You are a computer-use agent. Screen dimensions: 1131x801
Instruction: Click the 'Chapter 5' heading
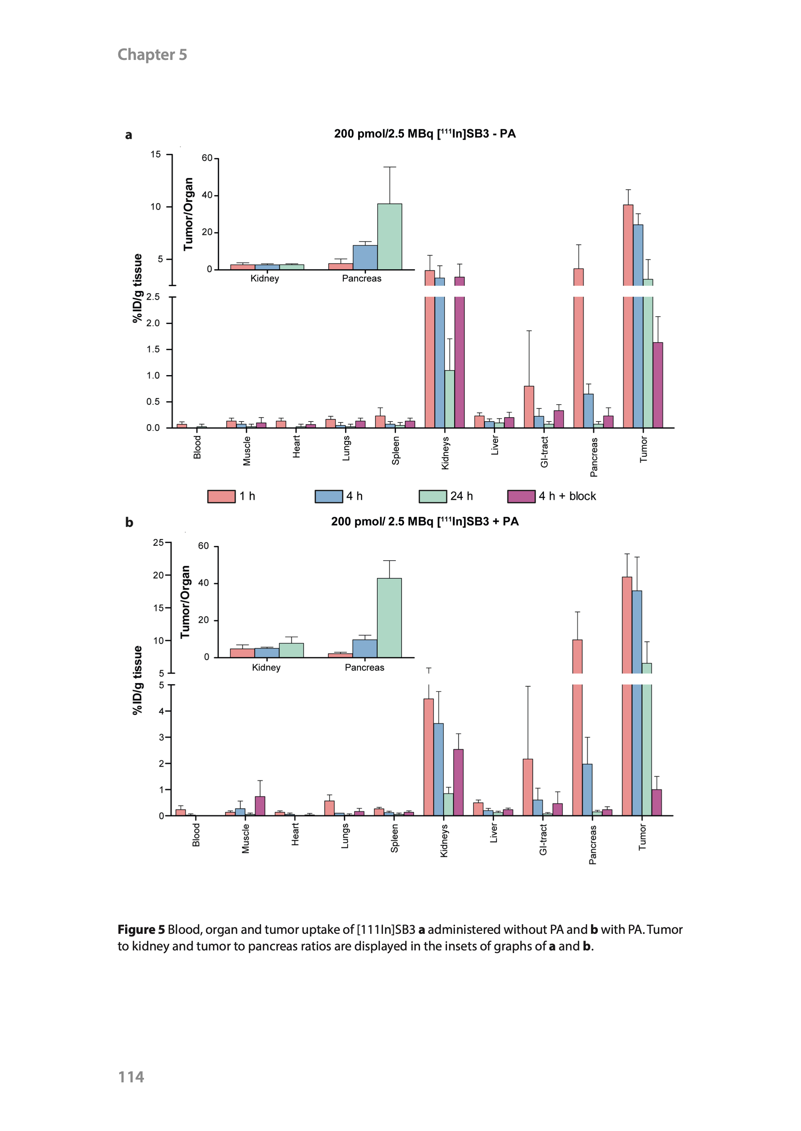(x=152, y=54)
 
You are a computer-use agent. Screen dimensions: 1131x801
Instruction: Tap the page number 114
(x=131, y=1077)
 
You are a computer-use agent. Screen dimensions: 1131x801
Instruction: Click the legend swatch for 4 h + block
(x=521, y=496)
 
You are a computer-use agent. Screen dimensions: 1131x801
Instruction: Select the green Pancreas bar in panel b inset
(x=389, y=618)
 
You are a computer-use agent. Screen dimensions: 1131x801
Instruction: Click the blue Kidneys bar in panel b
(x=438, y=769)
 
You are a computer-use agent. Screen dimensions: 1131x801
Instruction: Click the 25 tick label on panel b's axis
(x=158, y=543)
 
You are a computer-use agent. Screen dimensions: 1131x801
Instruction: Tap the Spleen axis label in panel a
(x=395, y=451)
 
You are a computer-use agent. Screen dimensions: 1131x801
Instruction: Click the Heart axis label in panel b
(x=295, y=834)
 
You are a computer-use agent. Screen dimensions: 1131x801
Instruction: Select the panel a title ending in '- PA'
(x=425, y=134)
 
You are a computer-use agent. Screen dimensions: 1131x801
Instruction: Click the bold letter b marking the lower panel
(x=129, y=523)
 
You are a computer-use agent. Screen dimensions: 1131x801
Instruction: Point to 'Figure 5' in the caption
(x=141, y=929)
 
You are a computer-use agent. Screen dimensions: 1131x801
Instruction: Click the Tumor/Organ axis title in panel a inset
(x=188, y=214)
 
